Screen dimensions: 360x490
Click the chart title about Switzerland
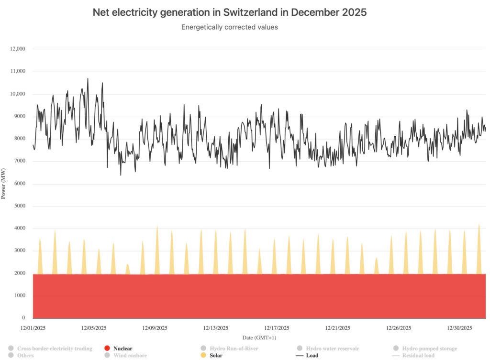[230, 13]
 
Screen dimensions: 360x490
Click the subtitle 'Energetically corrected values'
[230, 27]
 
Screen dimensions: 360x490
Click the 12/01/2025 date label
[33, 328]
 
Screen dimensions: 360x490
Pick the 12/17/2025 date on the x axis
[277, 328]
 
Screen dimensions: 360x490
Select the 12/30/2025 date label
[459, 328]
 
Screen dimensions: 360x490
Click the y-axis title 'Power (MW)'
[4, 184]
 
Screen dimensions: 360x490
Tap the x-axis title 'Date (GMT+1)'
[259, 338]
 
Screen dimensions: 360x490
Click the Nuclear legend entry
[122, 349]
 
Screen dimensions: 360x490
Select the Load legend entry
[312, 355]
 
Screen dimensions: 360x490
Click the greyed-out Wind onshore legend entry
[130, 355]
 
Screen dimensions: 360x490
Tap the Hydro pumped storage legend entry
[429, 349]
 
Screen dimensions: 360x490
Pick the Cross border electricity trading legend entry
[54, 349]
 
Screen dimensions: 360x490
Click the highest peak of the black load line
[88, 78]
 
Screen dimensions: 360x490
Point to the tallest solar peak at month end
[479, 224]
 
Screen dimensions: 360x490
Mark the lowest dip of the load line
[121, 175]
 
